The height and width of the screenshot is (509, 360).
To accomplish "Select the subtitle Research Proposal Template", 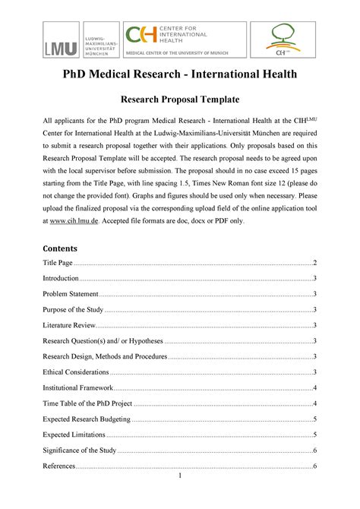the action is coord(180,100).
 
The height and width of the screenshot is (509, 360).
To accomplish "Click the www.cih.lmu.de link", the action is coord(73,220).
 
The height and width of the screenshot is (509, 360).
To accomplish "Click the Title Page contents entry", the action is coord(61,263).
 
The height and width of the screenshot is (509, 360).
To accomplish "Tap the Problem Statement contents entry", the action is coord(71,294).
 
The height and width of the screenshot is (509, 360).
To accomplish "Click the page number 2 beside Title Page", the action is coord(314,263).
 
